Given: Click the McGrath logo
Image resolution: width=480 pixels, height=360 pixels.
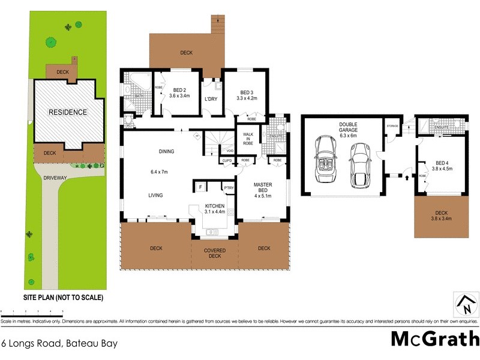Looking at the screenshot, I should coord(434,338).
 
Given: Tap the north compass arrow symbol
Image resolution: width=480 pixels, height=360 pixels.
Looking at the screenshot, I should coord(466,305).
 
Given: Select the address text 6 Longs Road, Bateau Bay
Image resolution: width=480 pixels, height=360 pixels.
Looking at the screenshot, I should coord(59,344).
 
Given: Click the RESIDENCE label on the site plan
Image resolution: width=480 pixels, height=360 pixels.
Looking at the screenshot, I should coord(68,112).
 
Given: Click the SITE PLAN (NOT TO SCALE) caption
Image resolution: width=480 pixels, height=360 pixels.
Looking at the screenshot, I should coord(64,298).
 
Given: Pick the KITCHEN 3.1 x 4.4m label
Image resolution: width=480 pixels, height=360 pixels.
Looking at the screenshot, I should coord(214,208).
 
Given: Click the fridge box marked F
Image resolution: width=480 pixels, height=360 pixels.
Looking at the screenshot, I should coord(200,188).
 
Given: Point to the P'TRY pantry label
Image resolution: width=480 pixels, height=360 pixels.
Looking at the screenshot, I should coord(228,188).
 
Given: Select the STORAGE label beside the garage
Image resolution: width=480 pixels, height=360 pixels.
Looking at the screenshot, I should coord(392,126).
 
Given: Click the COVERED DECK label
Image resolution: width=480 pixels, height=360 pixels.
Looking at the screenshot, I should coord(214,253).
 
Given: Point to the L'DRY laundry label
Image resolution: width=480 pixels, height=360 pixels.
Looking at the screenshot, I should coord(210,99).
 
